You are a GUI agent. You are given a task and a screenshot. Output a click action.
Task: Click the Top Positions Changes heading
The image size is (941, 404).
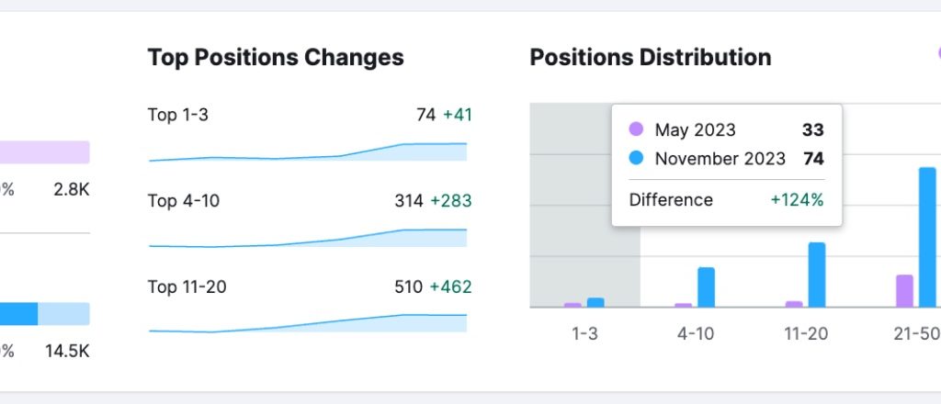276,58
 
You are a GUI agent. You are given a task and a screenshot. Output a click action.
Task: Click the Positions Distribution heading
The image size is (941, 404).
651,58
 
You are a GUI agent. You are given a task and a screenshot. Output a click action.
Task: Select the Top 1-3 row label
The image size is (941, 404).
178,115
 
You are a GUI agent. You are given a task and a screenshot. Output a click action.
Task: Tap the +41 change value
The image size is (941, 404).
457,115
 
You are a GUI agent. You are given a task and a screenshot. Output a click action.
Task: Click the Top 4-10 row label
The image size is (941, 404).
183,201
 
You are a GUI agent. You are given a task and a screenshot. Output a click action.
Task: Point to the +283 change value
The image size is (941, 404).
452,201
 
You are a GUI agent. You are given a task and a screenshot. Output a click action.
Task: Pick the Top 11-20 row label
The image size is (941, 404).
187,287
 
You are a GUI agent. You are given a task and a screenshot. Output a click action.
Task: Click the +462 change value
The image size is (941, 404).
451,287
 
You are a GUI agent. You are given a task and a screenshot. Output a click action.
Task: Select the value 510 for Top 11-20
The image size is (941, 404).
409,287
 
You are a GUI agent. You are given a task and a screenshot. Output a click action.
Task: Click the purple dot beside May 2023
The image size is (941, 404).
636,130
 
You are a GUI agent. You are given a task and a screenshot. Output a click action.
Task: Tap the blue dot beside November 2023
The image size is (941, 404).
636,159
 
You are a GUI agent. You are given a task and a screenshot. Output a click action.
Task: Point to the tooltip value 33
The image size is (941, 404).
812,130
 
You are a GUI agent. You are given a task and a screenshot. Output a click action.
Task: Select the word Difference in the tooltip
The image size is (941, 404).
671,200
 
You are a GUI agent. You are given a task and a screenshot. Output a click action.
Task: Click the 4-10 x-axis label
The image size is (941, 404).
696,334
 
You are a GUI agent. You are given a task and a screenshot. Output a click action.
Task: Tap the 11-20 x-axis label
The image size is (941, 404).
806,334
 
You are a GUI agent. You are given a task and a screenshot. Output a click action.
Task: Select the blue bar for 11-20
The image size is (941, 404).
817,275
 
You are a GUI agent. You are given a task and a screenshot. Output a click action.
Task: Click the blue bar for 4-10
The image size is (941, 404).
706,287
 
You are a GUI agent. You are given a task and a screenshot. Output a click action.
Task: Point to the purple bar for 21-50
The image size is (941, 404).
905,291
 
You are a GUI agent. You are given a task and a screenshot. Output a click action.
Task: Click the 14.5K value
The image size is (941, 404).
67,351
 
